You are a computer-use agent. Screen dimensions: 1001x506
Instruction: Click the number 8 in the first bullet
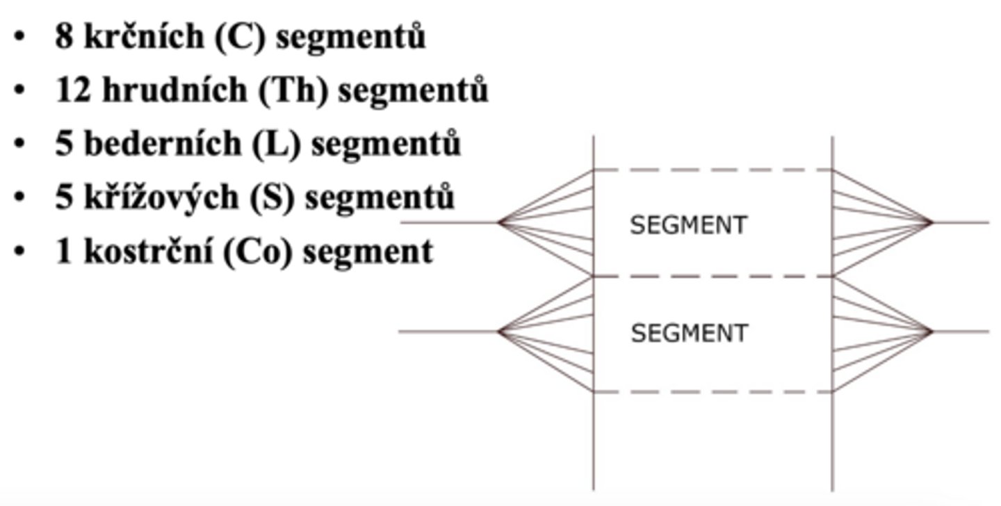click(x=64, y=36)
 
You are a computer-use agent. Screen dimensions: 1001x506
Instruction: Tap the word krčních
click(x=144, y=35)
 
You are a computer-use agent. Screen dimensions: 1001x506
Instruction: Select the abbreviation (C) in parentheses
click(x=241, y=36)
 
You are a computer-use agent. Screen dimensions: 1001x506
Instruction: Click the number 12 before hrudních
click(x=74, y=90)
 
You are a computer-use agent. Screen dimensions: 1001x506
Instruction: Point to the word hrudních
click(x=174, y=89)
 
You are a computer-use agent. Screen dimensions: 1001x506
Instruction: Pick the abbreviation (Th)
click(x=293, y=90)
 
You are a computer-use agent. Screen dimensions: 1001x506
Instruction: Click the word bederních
click(x=163, y=143)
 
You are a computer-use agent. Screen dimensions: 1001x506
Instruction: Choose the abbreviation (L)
click(x=276, y=144)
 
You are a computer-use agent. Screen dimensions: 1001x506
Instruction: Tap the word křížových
click(x=161, y=197)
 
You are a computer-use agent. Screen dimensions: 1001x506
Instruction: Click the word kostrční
click(x=148, y=251)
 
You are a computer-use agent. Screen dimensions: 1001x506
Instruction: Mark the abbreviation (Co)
click(x=257, y=252)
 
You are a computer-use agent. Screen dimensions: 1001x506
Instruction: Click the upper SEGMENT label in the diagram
click(x=688, y=225)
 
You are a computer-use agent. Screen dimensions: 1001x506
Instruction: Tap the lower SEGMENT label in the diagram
click(x=690, y=334)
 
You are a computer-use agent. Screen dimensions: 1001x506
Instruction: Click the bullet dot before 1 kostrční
click(x=19, y=251)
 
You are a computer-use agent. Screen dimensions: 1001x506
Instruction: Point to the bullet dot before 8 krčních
click(x=19, y=36)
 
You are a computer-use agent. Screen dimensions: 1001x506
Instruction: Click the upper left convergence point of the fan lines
click(x=498, y=222)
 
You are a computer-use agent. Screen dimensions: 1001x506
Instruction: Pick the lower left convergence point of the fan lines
click(x=498, y=332)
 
